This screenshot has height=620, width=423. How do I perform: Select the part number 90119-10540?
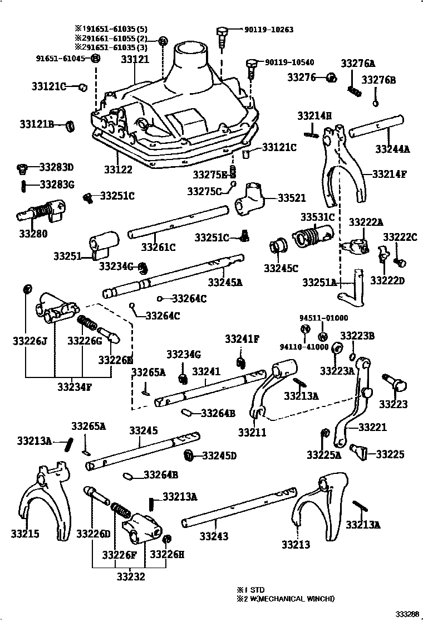pos(288,62)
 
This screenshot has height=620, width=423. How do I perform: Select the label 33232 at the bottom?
pos(130,577)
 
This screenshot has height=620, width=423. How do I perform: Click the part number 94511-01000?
pos(323,318)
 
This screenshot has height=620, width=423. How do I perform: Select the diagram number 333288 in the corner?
pos(407,614)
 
